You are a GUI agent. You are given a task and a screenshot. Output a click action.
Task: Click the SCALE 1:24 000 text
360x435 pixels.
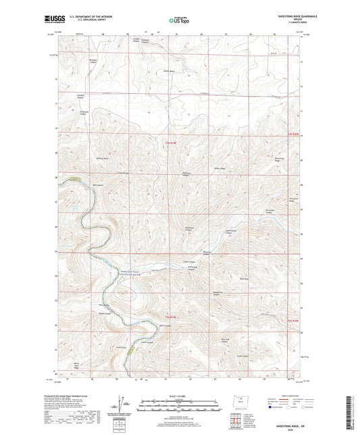180,396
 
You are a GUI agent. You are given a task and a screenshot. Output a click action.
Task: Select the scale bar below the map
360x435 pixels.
180,406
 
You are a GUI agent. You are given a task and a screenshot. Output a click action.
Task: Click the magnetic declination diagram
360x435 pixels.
122,406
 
